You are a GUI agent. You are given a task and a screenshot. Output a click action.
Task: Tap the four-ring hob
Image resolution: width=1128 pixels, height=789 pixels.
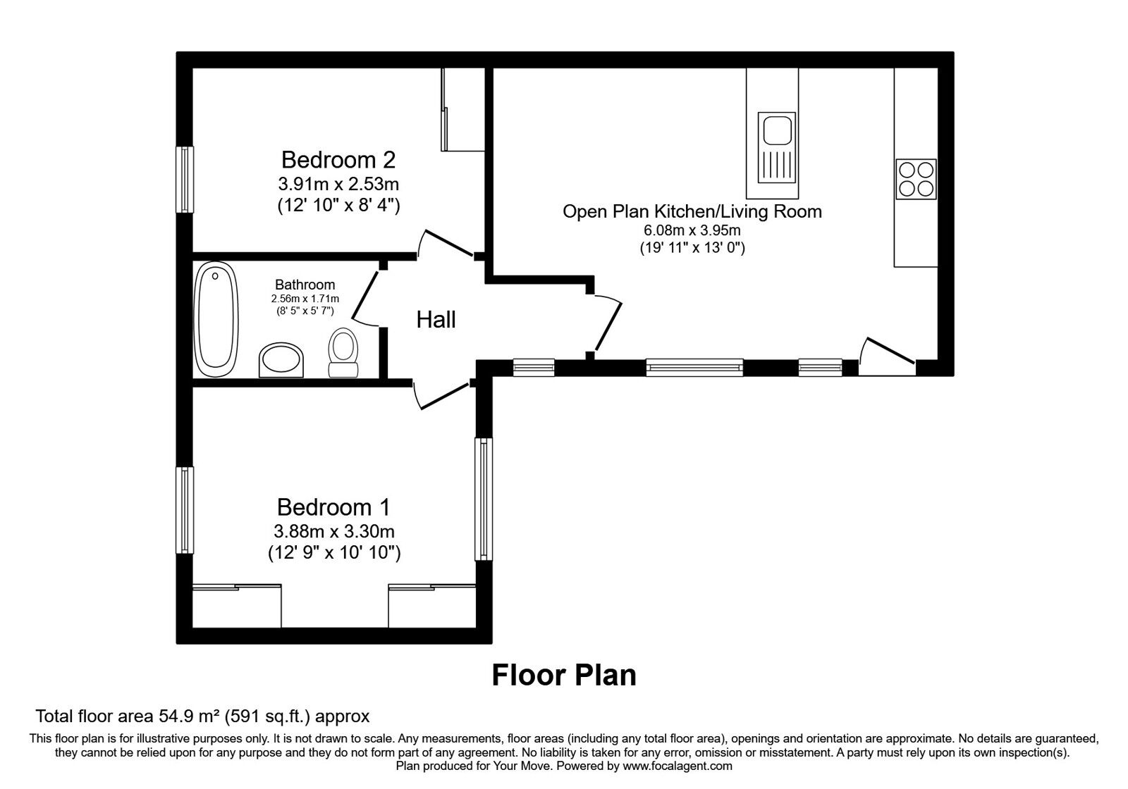click(x=916, y=178)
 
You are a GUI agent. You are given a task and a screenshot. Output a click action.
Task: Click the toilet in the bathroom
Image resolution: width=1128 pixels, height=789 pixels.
click(x=343, y=352)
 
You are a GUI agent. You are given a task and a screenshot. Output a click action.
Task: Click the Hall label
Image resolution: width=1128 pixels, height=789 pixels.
click(x=436, y=320)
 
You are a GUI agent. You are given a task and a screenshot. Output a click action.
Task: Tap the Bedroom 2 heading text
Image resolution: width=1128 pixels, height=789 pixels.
click(x=338, y=159)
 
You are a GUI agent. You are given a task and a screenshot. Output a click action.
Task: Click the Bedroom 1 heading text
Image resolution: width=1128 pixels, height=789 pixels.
click(x=333, y=507)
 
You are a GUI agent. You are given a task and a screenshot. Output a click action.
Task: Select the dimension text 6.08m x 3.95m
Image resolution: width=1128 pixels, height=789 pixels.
click(x=691, y=230)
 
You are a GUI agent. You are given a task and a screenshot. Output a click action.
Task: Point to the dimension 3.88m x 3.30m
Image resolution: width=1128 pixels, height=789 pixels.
click(x=334, y=531)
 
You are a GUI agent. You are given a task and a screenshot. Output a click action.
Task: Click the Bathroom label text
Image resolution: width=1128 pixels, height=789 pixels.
click(x=305, y=285)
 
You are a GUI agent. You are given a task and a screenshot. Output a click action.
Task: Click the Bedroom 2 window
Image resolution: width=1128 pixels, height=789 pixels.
click(x=185, y=179)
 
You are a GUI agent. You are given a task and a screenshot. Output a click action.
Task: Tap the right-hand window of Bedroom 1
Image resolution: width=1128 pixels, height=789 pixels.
click(x=483, y=499)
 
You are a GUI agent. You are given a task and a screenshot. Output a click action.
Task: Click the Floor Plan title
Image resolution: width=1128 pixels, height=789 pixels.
click(x=563, y=675)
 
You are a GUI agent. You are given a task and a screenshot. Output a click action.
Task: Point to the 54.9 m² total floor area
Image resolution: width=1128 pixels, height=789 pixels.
click(x=202, y=717)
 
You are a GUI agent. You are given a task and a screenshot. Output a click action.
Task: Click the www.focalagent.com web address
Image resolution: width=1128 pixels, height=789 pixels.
click(x=677, y=765)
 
